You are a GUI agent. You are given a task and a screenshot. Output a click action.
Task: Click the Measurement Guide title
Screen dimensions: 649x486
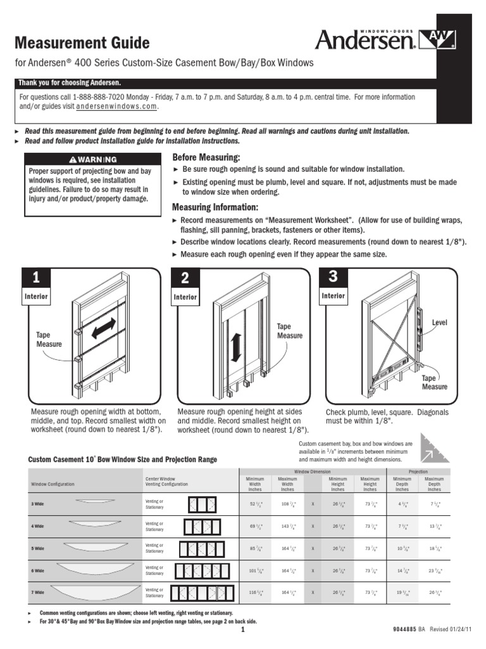[x=82, y=43]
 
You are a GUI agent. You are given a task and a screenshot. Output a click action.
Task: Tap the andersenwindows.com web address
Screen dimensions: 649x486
[x=116, y=107]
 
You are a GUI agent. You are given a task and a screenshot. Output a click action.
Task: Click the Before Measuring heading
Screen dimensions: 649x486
[x=206, y=157]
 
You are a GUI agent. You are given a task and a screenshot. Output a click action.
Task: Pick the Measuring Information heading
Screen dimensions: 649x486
[x=215, y=208]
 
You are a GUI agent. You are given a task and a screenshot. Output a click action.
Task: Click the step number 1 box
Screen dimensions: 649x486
[x=37, y=278]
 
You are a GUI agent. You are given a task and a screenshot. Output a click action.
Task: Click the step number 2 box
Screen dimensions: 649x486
[x=185, y=278]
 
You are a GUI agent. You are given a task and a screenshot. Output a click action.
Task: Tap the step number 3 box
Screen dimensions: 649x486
[x=333, y=277]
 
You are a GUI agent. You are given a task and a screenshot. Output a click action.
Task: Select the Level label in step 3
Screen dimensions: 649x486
[x=439, y=323]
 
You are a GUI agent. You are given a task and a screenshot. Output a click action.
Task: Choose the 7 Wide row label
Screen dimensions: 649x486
[x=38, y=592]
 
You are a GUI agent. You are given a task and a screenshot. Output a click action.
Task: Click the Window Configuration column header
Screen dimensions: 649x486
[x=53, y=484]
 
